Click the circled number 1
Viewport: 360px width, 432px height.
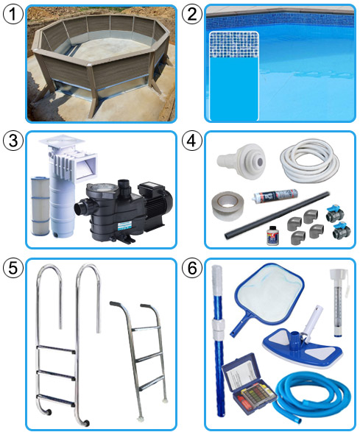pyautogui.click(x=13, y=14)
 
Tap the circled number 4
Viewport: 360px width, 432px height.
pyautogui.click(x=192, y=141)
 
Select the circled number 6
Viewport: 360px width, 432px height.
pyautogui.click(x=192, y=268)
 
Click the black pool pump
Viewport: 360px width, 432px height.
pyautogui.click(x=124, y=210)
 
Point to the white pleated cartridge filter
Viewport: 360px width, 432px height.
pyautogui.click(x=40, y=206)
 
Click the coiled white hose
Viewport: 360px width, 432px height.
pyautogui.click(x=310, y=160)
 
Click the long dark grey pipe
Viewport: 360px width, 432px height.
pyautogui.click(x=277, y=216)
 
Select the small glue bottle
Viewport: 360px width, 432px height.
pyautogui.click(x=273, y=236)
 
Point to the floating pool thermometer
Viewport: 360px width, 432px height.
pyautogui.click(x=339, y=302)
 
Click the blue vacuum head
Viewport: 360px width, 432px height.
pyautogui.click(x=302, y=344)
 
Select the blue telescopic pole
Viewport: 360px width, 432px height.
pyautogui.click(x=219, y=339)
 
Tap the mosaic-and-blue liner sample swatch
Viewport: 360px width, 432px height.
pyautogui.click(x=234, y=76)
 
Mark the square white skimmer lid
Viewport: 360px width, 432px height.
pyautogui.click(x=61, y=142)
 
